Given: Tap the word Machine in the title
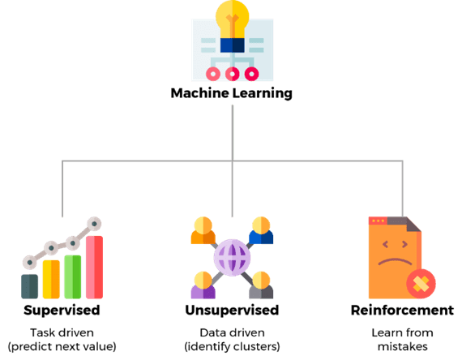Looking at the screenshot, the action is [200, 93].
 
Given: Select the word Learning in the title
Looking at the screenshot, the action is [263, 94].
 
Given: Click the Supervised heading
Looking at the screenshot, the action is [62, 311].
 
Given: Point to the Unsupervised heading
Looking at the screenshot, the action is [232, 311].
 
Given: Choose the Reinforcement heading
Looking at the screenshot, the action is [402, 311].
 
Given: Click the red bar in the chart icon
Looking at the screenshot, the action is [94, 267].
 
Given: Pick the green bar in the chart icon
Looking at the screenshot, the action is [72, 276].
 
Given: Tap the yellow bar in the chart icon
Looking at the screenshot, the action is [51, 279].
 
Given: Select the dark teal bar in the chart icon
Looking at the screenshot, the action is [29, 286].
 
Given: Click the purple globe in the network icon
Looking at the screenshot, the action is [232, 257].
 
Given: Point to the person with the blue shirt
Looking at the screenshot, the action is [261, 230].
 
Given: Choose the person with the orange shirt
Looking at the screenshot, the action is [203, 230].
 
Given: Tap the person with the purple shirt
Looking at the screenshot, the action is [203, 285].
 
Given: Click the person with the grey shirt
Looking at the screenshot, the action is [261, 285].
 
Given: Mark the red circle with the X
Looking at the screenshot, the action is [421, 284].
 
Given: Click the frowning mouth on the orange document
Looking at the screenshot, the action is [395, 262].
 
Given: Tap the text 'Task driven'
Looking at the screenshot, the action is [62, 333].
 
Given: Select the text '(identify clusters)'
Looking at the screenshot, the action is [232, 346].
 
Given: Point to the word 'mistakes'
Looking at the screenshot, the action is [403, 346].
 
